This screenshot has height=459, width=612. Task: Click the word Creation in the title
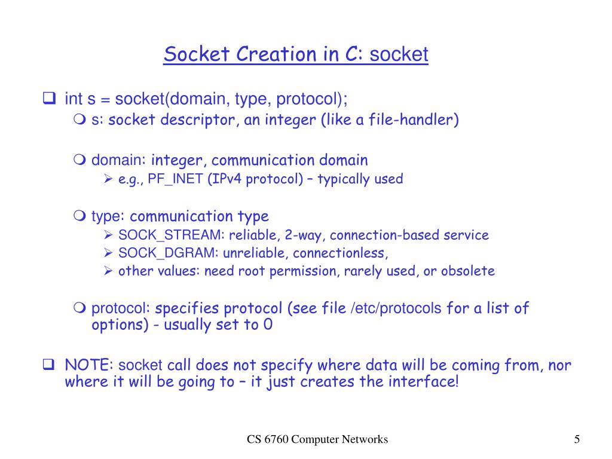coord(272,54)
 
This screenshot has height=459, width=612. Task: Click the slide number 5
coord(577,440)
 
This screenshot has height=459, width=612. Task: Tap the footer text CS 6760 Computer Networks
coord(318,440)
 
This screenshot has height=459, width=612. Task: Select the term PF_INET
coord(179,179)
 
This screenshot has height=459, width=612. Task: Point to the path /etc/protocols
coord(396,308)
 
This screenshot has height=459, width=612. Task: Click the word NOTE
coord(90,365)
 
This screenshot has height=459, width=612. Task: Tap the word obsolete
coord(468,271)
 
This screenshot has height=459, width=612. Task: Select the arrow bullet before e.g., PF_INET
coord(108,179)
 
